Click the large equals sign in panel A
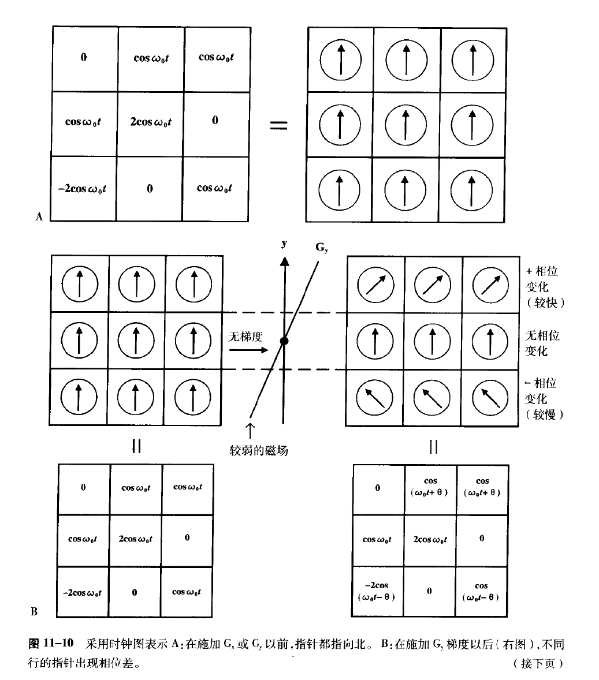(279, 124)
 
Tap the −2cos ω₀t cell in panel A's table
(84, 189)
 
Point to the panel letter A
(39, 217)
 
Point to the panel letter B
(34, 611)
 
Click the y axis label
(284, 244)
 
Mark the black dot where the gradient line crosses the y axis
(284, 341)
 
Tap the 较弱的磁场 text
(258, 450)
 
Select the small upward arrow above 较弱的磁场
(250, 430)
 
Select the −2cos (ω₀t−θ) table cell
(377, 591)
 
